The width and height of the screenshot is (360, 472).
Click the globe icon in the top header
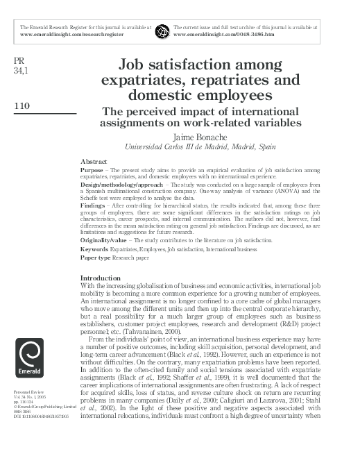162,31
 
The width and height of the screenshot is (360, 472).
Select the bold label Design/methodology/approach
126,185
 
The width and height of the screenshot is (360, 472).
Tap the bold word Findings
96,206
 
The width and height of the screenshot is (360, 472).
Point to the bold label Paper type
97,259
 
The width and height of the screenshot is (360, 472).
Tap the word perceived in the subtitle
155,112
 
